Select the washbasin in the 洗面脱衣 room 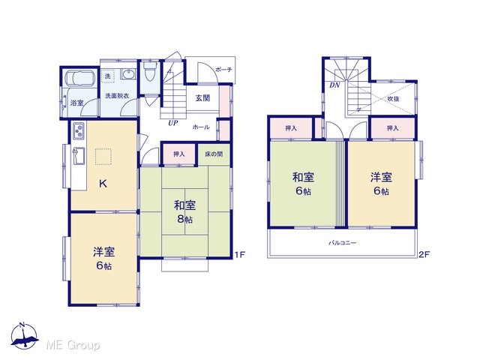128,74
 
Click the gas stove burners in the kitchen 79,130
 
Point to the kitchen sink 79,156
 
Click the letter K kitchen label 103,184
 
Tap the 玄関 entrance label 202,98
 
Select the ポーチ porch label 223,70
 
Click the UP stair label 173,123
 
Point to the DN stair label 334,85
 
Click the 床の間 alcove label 214,154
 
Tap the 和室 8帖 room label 184,211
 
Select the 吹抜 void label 393,99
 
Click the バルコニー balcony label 343,243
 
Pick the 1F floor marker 240,254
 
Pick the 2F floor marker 424,254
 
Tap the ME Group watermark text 73,346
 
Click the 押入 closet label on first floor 179,154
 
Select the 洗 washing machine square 108,76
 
